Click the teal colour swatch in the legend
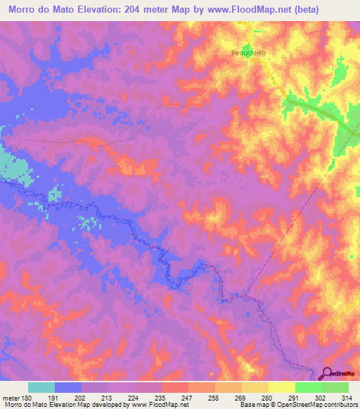coord(41,387)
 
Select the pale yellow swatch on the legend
coord(281,387)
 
